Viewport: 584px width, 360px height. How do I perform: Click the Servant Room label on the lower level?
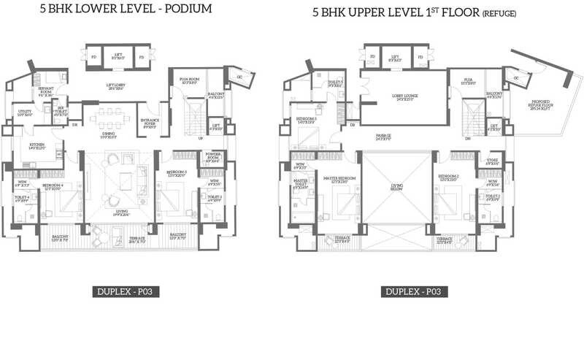(46, 92)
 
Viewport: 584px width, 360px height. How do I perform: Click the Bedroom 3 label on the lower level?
(177, 174)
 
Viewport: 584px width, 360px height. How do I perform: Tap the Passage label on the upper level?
(384, 136)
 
